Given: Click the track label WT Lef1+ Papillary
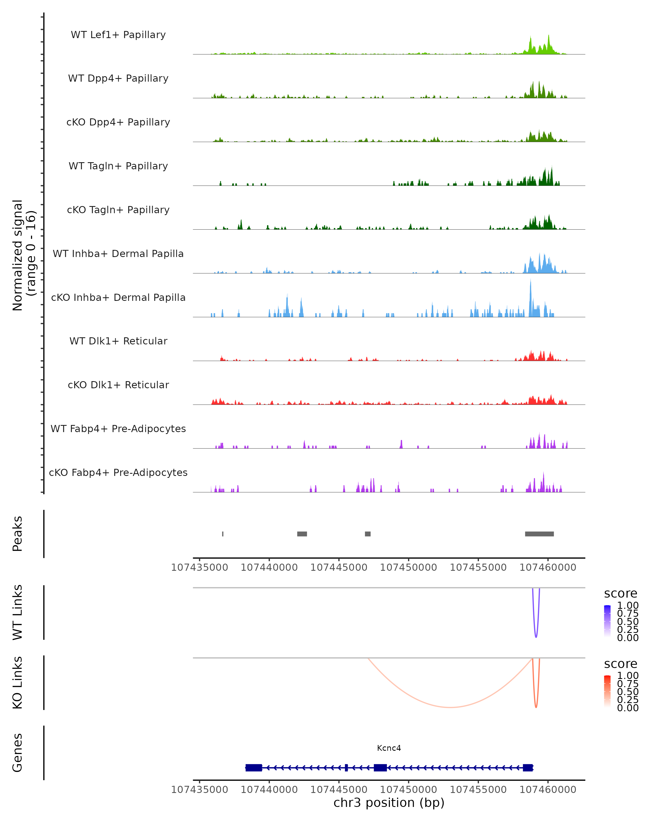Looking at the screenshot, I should (x=118, y=35).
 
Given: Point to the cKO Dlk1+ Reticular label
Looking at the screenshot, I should (x=118, y=385).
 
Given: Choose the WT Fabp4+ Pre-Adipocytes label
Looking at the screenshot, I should (x=118, y=429).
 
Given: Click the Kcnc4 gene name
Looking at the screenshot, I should (x=389, y=748).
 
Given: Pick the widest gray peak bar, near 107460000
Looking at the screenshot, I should (x=539, y=534).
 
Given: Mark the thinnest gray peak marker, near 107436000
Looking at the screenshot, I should (x=223, y=534).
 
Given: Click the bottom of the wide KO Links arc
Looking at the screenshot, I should (x=450, y=707).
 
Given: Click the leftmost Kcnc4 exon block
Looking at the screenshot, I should (x=254, y=767).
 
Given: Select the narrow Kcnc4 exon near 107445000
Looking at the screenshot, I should (x=346, y=767).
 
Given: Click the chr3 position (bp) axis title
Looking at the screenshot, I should (x=389, y=803).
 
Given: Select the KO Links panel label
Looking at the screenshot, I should (x=18, y=683).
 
